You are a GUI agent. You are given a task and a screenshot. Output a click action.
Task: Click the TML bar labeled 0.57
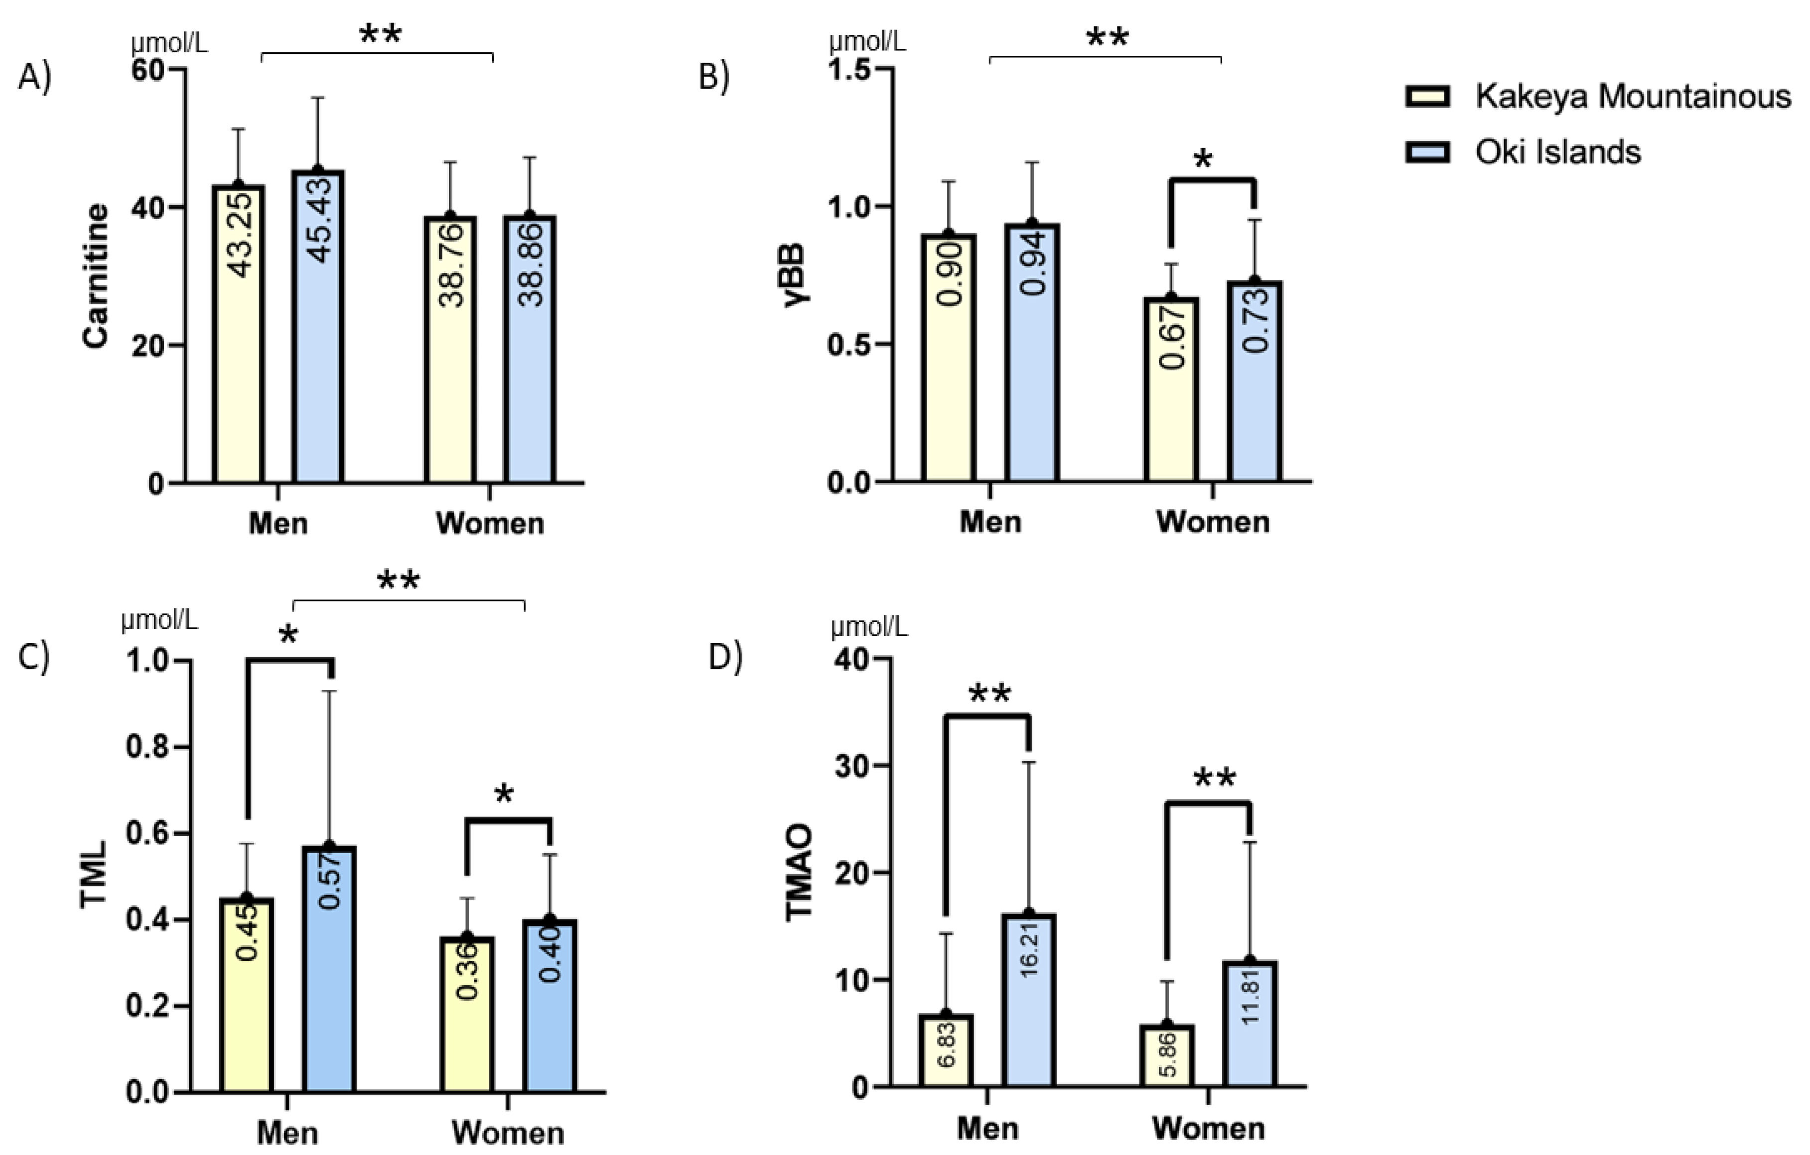329,969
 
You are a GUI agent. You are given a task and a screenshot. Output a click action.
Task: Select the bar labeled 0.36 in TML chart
467,1015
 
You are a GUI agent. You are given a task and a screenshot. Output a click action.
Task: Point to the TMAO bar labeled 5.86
1167,1056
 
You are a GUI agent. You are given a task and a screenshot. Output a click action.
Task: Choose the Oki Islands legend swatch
1427,152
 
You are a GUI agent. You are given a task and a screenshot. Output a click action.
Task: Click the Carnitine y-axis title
96,276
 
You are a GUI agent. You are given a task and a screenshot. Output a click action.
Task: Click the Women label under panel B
1213,521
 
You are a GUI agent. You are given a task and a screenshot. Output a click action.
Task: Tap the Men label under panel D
987,1128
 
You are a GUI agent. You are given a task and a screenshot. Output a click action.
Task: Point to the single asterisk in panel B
1203,160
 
